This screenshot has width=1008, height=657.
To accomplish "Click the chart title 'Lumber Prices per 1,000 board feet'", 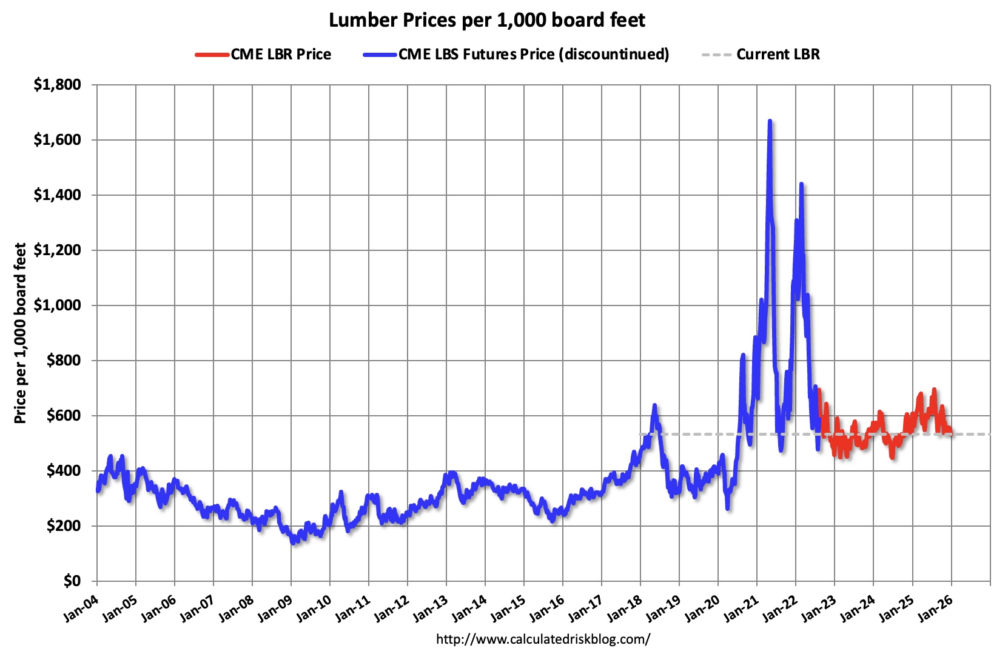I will tap(486, 21).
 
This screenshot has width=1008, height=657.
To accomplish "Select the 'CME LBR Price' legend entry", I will tap(280, 55).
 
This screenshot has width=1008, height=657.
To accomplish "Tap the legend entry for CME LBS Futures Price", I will tap(533, 55).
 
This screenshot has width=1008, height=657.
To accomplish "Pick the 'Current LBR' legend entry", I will tap(778, 55).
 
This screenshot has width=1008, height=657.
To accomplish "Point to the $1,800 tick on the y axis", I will tap(57, 85).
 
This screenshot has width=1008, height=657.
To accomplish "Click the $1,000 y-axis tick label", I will tap(57, 305).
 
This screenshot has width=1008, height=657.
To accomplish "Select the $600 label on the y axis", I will tap(63, 416).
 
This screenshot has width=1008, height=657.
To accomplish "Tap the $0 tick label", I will tap(72, 581).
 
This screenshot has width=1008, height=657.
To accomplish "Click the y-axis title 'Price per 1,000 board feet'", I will tap(21, 333).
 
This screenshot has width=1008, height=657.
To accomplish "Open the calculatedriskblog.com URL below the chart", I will tap(543, 639).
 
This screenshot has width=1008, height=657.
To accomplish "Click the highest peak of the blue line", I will tap(770, 121).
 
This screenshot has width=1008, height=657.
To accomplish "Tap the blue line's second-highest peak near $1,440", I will tap(801, 184).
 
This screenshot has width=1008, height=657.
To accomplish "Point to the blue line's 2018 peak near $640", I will tap(654, 405).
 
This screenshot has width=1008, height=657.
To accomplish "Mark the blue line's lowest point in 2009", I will tap(293, 542).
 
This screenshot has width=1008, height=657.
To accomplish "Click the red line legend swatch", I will tap(212, 55).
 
